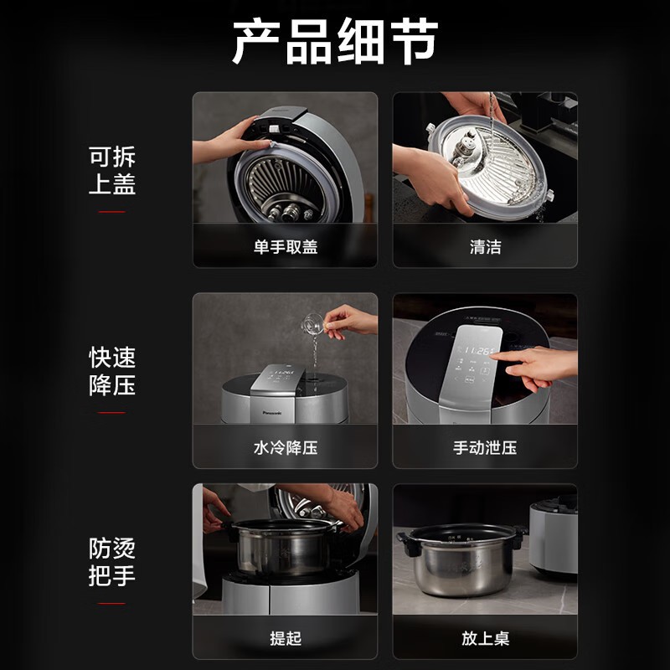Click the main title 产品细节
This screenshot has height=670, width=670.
(335, 41)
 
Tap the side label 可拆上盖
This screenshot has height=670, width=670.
(112, 170)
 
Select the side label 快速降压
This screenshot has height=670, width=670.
(112, 371)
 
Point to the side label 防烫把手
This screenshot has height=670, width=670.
(112, 561)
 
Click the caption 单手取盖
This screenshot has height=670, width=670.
(286, 247)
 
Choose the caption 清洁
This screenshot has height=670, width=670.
(486, 247)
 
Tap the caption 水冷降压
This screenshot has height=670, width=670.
(286, 448)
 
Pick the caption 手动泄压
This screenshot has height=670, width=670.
(485, 448)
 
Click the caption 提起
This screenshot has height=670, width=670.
(286, 638)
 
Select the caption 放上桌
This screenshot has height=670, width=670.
(486, 638)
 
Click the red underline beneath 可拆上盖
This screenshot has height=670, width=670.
(112, 212)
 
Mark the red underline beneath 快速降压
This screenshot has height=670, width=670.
(112, 412)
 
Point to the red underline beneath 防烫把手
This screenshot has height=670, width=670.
(112, 603)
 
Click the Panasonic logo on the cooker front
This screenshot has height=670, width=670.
(272, 413)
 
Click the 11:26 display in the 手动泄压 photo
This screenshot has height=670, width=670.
(477, 351)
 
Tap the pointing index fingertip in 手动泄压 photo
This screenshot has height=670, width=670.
(493, 355)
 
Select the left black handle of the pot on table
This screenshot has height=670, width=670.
(407, 544)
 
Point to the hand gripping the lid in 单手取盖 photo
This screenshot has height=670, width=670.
(233, 141)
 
